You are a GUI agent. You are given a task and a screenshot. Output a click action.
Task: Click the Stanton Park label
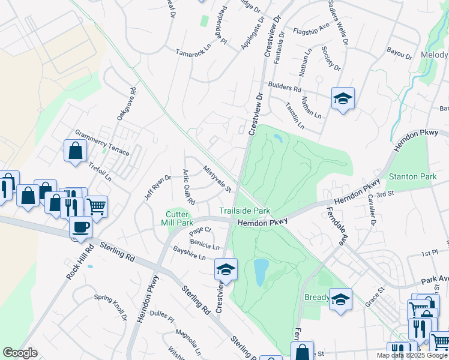(412, 176)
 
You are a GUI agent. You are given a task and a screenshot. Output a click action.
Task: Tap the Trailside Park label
(244, 211)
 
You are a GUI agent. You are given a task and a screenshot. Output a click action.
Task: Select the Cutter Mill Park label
(179, 218)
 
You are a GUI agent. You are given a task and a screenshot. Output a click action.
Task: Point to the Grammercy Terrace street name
(101, 143)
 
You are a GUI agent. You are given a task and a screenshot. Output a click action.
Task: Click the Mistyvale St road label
(217, 179)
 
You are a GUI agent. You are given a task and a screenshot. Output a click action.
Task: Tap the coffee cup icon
(81, 228)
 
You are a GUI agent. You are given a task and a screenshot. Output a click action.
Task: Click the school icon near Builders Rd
(343, 98)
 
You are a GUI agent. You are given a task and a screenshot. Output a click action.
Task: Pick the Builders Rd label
(285, 87)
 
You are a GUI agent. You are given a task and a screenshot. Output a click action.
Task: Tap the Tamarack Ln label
(191, 52)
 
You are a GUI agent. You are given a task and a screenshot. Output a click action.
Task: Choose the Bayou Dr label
(400, 53)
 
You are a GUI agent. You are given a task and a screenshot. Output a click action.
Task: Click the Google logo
(20, 353)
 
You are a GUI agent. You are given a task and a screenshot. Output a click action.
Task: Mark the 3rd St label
(385, 193)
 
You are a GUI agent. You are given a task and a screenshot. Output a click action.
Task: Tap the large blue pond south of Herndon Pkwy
(261, 272)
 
